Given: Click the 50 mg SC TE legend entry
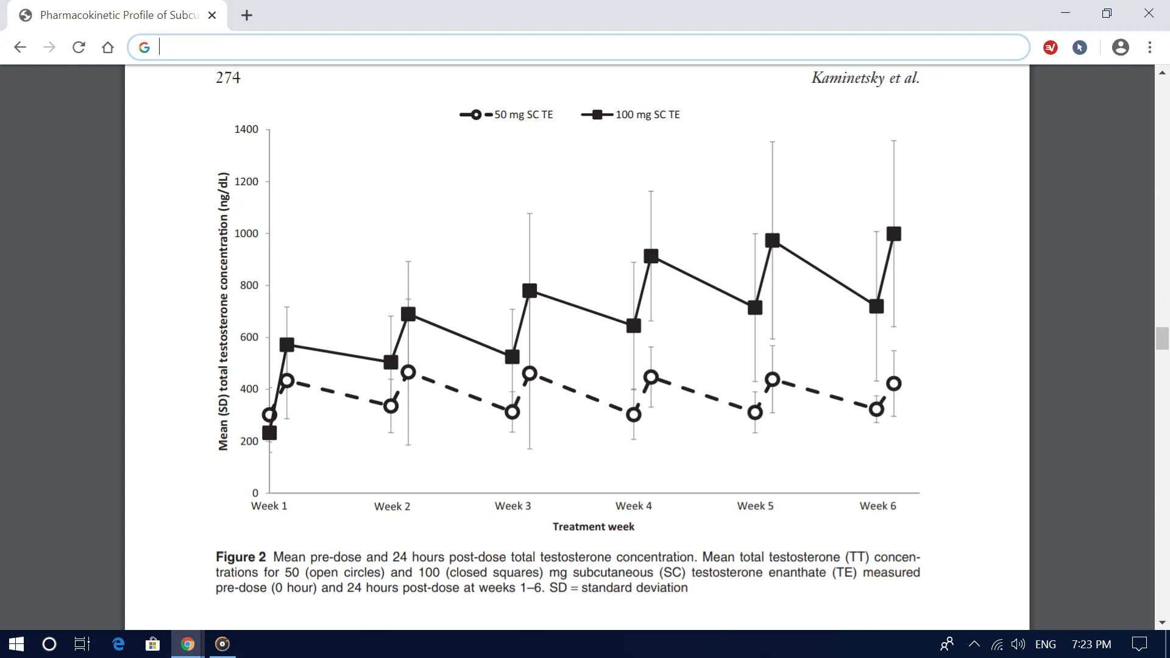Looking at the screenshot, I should click(x=523, y=115).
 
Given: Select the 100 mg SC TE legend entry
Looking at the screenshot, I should click(x=647, y=115).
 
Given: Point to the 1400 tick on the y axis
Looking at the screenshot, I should click(x=246, y=129).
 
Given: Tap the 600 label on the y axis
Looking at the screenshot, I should click(x=249, y=337).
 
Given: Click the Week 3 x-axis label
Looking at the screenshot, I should click(x=512, y=506).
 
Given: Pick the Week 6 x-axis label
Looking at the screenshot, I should click(x=877, y=506).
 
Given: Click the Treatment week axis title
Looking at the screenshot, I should click(x=593, y=526).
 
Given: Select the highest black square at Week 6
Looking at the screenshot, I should click(x=894, y=234).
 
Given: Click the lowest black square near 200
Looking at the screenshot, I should click(x=269, y=433).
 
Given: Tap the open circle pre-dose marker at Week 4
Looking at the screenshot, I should click(x=634, y=415).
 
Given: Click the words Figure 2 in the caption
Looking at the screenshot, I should click(x=241, y=557).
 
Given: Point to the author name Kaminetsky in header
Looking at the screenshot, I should click(x=848, y=78).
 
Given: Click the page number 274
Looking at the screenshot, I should click(x=228, y=78).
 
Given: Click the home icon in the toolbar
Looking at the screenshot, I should click(x=108, y=48).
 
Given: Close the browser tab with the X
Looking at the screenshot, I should click(x=212, y=15).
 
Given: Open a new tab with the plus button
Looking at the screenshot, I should click(x=247, y=15).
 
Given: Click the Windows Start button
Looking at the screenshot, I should click(x=16, y=644).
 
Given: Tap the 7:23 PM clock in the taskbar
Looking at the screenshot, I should click(x=1091, y=644).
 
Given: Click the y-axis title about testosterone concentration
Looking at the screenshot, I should click(x=224, y=311).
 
